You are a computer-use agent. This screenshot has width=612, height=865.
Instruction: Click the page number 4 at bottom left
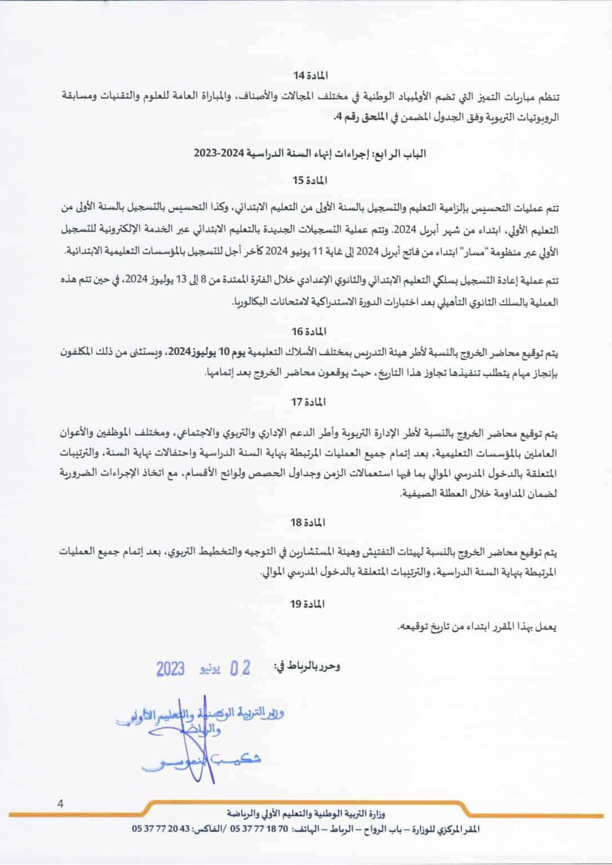pyautogui.click(x=60, y=804)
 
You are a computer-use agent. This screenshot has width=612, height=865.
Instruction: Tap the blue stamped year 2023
pyautogui.click(x=171, y=669)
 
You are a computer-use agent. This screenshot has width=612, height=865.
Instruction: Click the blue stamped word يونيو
pyautogui.click(x=210, y=669)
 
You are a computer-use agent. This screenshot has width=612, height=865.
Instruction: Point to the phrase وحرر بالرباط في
pyautogui.click(x=307, y=666)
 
